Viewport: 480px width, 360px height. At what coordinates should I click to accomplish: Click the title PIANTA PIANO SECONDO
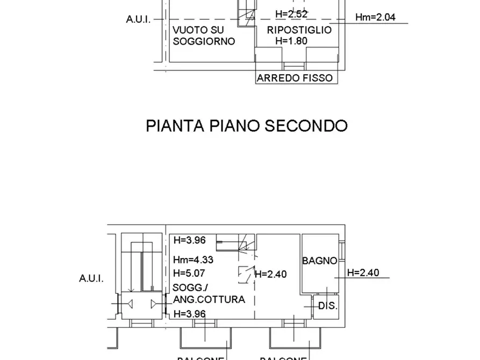click(247, 126)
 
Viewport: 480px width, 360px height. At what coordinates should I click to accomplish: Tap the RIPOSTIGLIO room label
click(299, 30)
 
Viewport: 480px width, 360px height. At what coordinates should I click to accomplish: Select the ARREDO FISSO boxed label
click(295, 78)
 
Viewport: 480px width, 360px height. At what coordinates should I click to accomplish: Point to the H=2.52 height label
click(291, 15)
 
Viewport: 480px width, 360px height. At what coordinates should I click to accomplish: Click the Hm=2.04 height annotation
click(375, 17)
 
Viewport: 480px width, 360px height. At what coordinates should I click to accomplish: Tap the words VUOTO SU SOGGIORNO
click(204, 35)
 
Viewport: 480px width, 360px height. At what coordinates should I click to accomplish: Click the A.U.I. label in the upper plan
click(138, 19)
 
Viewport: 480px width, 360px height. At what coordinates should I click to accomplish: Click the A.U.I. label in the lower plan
click(91, 279)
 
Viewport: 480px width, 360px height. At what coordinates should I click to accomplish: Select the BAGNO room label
click(319, 261)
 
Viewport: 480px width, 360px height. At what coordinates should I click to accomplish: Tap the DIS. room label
click(328, 306)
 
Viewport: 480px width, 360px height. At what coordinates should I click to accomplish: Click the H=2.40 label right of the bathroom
click(363, 273)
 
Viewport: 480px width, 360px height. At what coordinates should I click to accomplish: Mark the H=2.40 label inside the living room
click(270, 274)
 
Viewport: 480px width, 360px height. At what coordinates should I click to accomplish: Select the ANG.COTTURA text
click(209, 300)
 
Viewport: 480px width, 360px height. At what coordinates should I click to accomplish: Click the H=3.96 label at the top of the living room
click(189, 240)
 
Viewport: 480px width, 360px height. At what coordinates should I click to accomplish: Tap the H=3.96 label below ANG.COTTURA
click(189, 314)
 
